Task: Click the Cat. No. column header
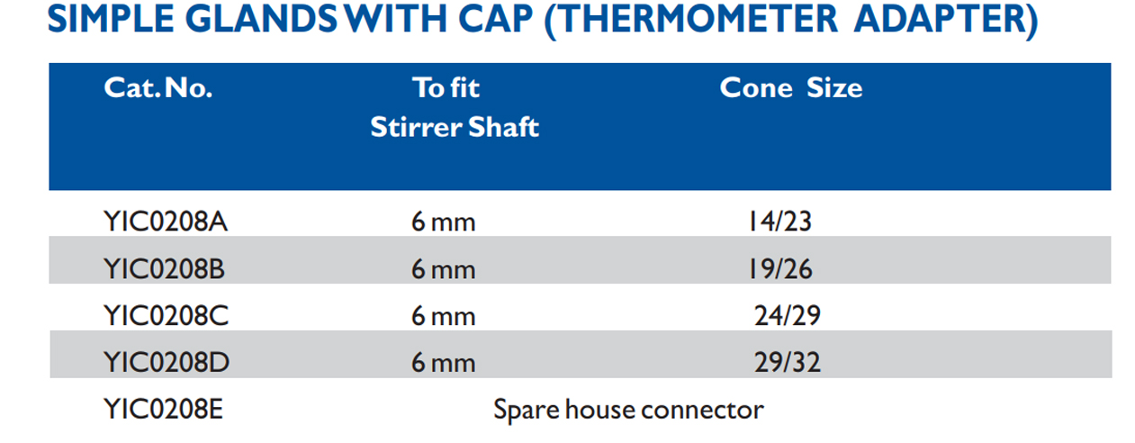pos(158,88)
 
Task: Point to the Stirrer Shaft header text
pos(455,127)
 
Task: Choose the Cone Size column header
pos(790,88)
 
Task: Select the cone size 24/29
pos(787,316)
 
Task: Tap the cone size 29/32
pos(787,363)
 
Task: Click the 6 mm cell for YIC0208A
pos(443,221)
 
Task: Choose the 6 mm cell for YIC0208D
pos(443,363)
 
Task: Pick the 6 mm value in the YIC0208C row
pos(443,316)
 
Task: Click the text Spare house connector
pos(628,411)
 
